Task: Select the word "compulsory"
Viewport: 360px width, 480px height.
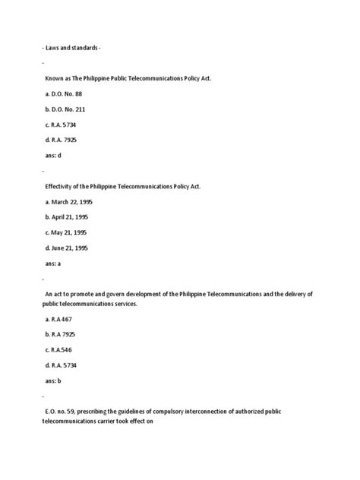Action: (x=174, y=411)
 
